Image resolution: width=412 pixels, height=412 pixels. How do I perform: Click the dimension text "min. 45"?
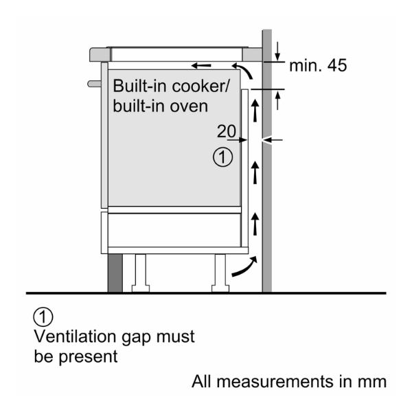click(x=317, y=66)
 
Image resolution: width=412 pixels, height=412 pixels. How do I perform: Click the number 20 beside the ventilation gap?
click(x=227, y=130)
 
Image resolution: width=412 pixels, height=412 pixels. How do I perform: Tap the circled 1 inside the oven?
click(x=222, y=158)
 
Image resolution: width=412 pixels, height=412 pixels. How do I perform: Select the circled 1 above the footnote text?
click(x=43, y=318)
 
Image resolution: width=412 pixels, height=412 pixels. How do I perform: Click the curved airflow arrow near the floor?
click(x=245, y=267)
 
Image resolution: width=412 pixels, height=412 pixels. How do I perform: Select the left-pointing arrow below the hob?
click(x=201, y=66)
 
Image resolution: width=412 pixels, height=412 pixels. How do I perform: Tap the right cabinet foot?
click(x=221, y=271)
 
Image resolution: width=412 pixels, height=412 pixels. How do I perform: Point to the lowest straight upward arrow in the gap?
click(x=257, y=222)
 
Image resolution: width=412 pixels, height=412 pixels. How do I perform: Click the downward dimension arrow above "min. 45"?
click(x=278, y=50)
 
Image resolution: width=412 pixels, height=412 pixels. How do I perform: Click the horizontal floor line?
click(x=206, y=293)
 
